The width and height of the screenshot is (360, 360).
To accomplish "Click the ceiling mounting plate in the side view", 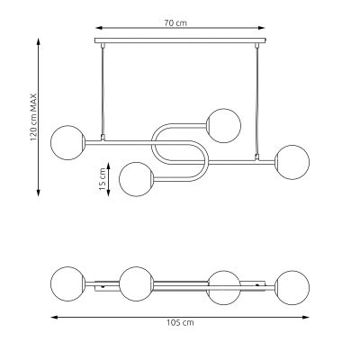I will coord(180,40).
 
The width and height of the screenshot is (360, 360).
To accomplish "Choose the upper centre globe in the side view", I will coord(221,121).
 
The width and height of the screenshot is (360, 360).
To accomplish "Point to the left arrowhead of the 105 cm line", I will coord(52,316).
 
